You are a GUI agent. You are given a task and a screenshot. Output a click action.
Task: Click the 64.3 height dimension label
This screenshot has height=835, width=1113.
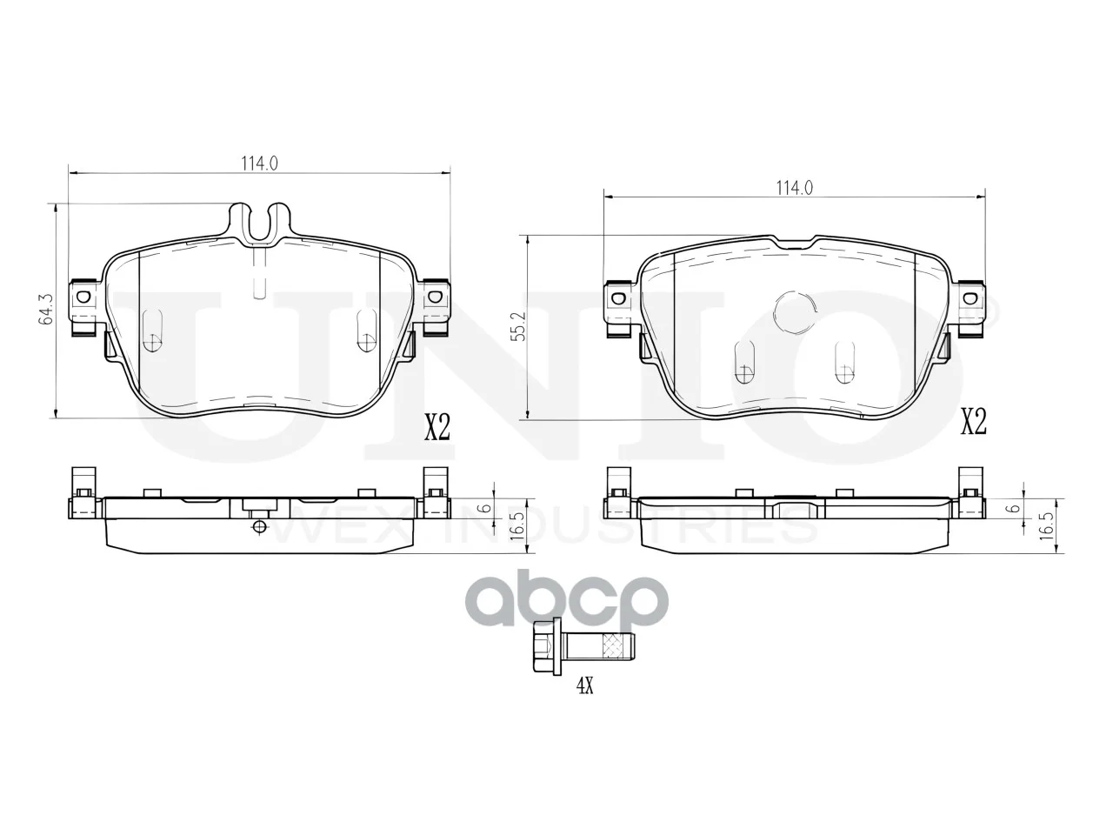[45, 309]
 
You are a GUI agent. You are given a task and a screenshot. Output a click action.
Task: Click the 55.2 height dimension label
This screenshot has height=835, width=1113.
[520, 327]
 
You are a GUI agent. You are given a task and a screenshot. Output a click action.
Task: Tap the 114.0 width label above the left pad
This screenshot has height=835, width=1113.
[259, 164]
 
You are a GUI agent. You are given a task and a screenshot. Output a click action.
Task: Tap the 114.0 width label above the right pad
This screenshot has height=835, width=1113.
[795, 188]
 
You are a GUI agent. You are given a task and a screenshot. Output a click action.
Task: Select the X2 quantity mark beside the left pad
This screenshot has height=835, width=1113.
[437, 427]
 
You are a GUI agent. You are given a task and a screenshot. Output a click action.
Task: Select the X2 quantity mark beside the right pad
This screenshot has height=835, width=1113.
[974, 422]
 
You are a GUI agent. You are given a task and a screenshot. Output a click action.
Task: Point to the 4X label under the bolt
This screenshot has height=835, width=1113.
[584, 686]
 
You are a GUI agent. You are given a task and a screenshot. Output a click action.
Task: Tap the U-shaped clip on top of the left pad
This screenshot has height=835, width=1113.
[260, 222]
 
